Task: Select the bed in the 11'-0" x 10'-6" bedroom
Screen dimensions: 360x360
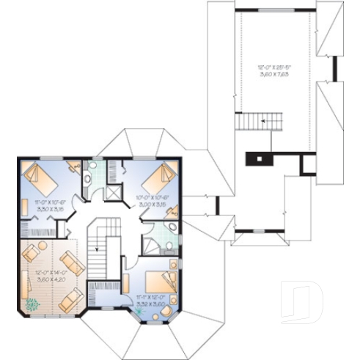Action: (36, 178)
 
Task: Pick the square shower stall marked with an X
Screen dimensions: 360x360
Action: (113, 192)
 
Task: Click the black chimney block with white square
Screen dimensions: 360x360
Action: (260, 158)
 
